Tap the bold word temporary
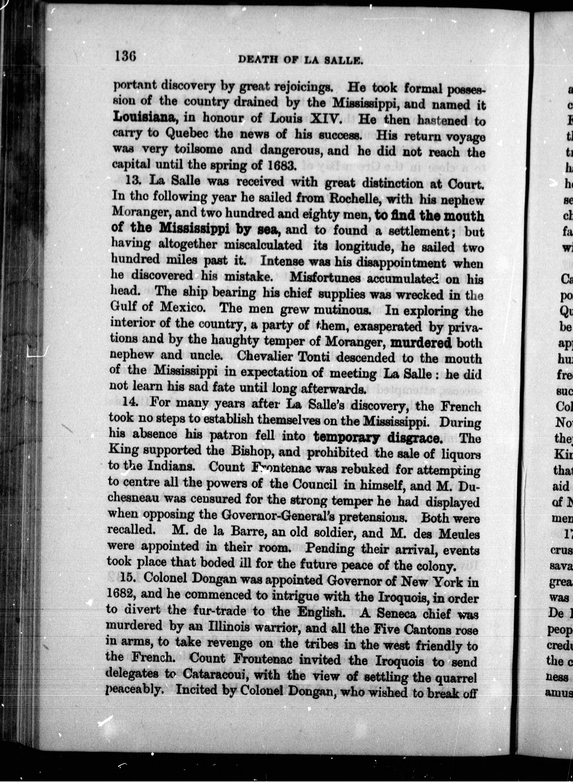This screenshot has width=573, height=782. [x=346, y=437]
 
